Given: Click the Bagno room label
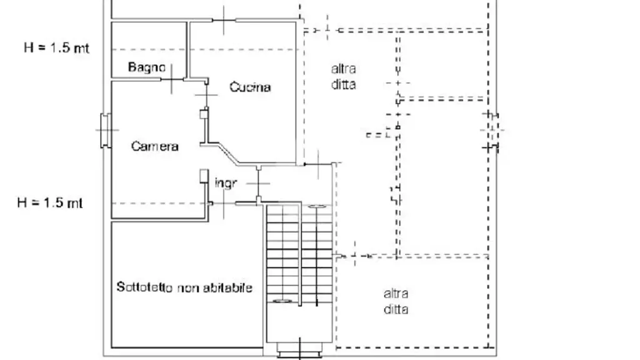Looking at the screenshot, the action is (146, 67).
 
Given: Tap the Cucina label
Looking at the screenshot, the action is (250, 87).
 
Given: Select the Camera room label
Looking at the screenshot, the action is (155, 146).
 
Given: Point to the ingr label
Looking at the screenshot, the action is (226, 183).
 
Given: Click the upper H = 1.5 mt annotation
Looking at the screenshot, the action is (56, 47).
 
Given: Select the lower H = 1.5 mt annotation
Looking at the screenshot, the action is (50, 202).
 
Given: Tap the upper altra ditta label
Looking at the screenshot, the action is (343, 76).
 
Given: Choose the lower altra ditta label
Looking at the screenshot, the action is (396, 301).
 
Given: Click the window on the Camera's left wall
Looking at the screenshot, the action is (106, 130).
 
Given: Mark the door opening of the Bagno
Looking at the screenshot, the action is (172, 79).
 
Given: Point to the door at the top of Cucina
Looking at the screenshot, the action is (224, 20).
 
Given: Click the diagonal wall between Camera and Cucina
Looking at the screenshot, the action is (229, 154).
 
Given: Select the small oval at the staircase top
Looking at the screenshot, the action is (317, 207).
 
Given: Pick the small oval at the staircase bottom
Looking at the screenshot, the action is (282, 301).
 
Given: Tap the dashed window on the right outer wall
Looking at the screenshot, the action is (492, 130).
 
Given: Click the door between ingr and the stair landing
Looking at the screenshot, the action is (258, 183).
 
